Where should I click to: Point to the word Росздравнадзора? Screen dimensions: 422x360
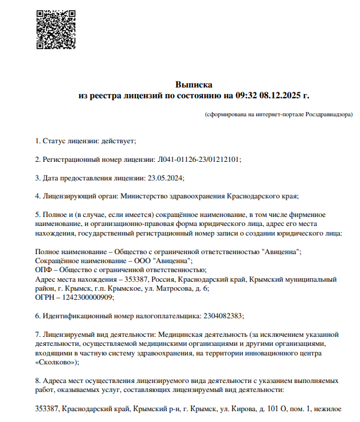[329, 114]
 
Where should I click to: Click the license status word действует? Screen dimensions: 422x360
[120, 141]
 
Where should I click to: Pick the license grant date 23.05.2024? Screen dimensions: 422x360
[165, 178]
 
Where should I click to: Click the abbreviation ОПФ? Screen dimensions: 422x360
[44, 270]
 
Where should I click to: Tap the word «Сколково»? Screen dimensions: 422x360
[56, 361]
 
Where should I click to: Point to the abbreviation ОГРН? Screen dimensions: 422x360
[46, 297]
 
